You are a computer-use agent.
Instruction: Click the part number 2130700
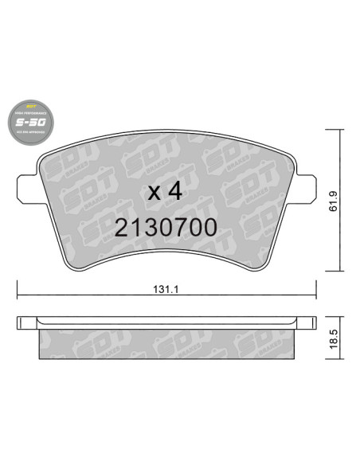pos(166,227)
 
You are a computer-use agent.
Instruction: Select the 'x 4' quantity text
pos(166,192)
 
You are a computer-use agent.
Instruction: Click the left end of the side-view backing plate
pos(19,323)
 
